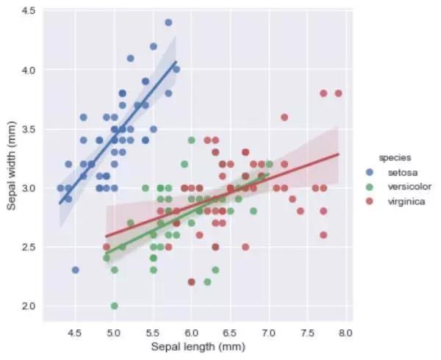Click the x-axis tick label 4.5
tap(75, 332)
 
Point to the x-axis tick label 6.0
tap(191, 332)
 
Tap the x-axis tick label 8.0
tap(345, 332)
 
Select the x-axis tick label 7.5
tap(307, 332)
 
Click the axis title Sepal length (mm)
tap(198, 346)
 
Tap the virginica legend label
tap(406, 201)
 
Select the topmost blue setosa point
tap(168, 23)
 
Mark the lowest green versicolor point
tap(114, 306)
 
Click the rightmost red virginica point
tap(338, 93)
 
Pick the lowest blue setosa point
tap(75, 270)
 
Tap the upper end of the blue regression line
tap(176, 62)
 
